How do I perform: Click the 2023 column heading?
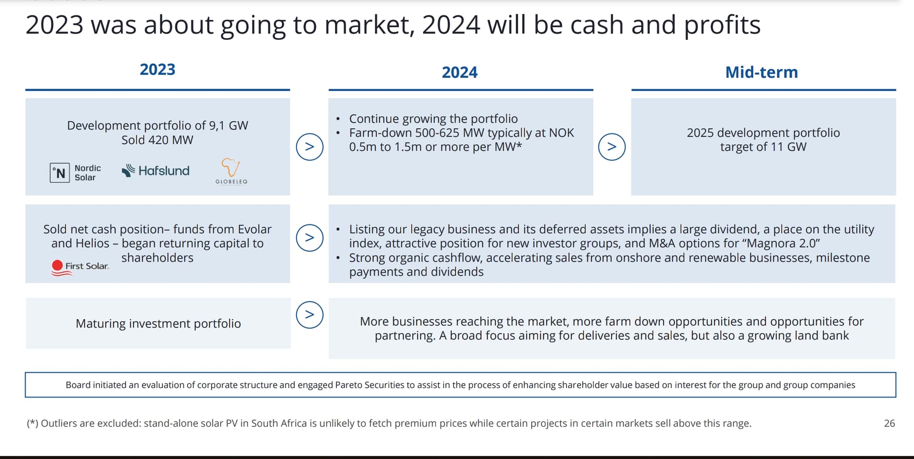[158, 69]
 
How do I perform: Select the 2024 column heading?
[459, 72]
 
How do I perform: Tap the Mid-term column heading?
[762, 72]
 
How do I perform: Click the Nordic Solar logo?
[76, 173]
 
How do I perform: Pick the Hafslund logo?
[156, 171]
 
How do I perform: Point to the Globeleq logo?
[231, 171]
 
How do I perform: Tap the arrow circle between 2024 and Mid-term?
[612, 146]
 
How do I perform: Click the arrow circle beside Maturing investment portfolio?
[309, 315]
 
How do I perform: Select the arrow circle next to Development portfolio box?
[309, 146]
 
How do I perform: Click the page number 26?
[889, 423]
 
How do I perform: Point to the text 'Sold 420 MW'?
[157, 140]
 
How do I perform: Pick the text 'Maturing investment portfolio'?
[158, 323]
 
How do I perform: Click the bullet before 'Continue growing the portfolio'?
[338, 119]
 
